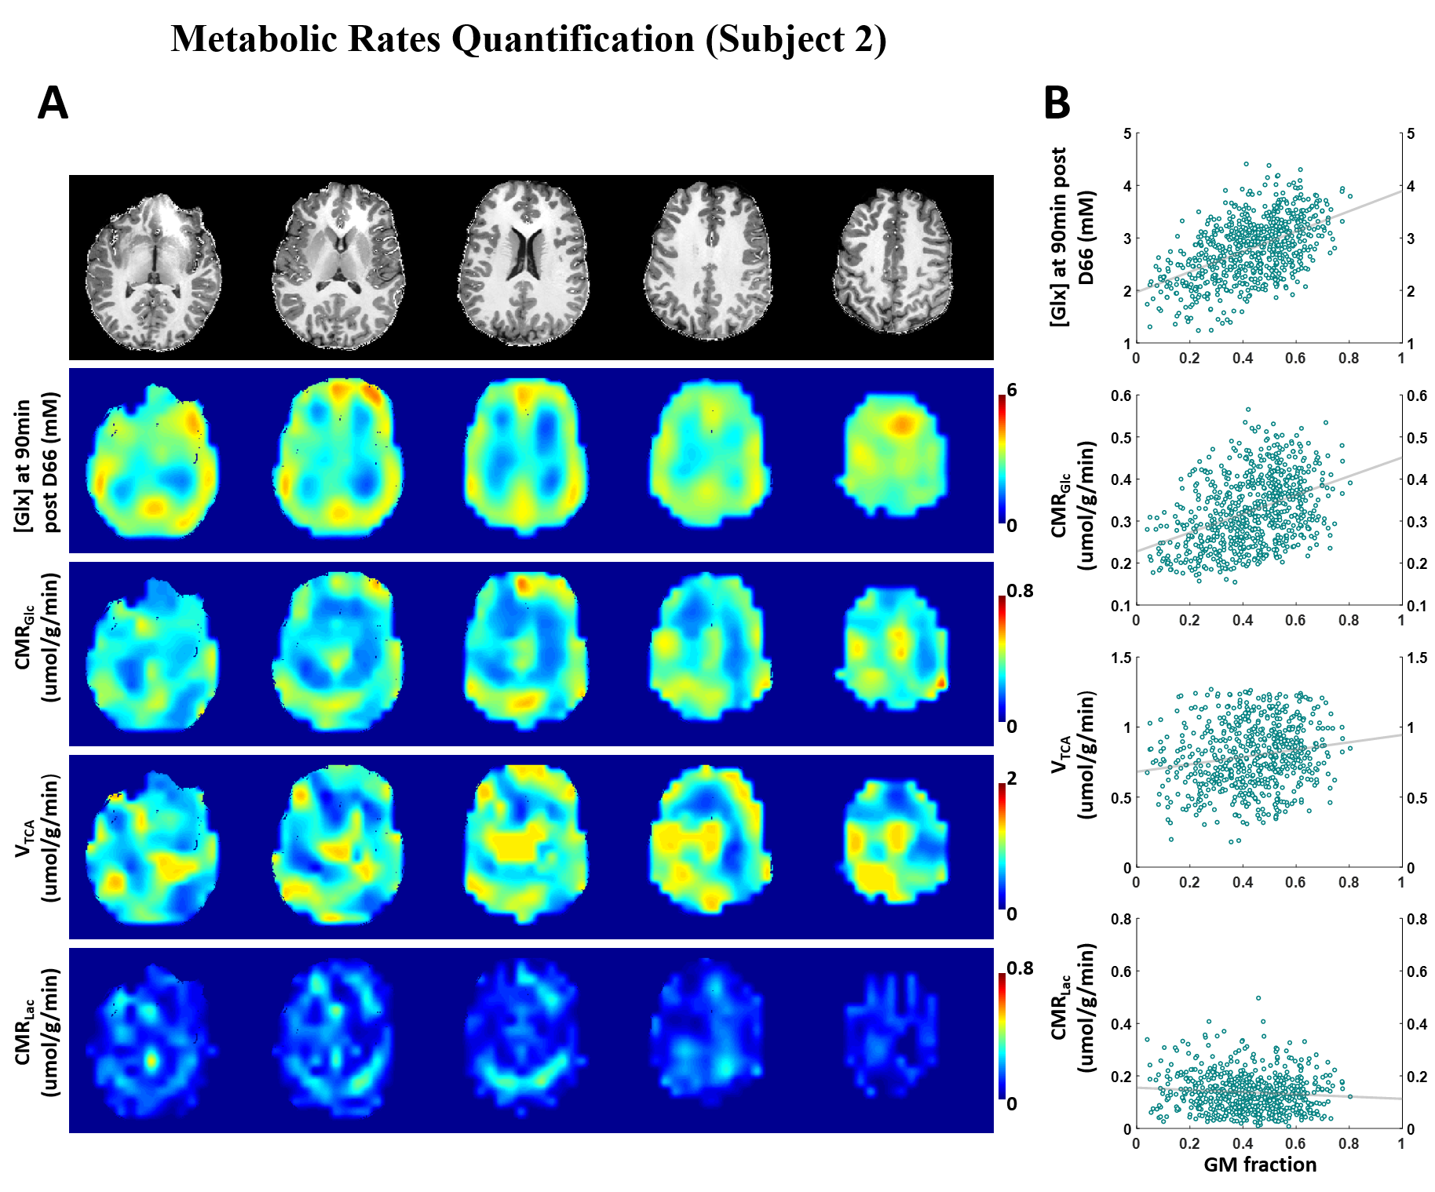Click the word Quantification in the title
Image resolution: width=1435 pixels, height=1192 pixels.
coord(573,39)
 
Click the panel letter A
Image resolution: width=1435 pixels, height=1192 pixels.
coord(53,103)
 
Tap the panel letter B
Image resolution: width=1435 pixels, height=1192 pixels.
coord(1057,103)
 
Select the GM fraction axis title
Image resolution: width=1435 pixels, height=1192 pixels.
coord(1260,1165)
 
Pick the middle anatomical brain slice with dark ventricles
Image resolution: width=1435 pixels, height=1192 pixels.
coord(524,263)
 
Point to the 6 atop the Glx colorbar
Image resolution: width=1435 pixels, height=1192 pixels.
coord(1012,390)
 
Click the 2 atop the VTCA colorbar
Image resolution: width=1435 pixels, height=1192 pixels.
coord(1012,778)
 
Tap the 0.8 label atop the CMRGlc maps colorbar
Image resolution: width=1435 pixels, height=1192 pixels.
coord(1020,590)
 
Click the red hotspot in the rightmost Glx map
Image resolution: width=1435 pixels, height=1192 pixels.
coord(903,425)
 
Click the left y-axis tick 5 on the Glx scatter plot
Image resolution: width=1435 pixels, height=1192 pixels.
coord(1127,134)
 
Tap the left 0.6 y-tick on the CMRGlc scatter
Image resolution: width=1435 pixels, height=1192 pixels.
coord(1121,396)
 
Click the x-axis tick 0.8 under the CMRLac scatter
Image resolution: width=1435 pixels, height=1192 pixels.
coord(1349,1143)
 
